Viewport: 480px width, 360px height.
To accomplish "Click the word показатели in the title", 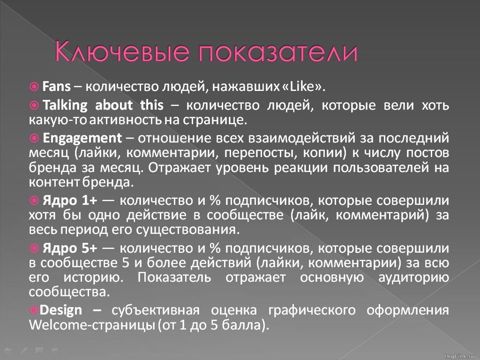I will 277,52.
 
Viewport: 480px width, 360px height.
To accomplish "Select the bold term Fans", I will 56,87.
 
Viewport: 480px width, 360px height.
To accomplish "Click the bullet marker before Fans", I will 34,87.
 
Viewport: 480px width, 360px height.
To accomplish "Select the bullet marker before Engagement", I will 34,138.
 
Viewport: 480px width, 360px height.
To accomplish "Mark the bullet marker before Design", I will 34,310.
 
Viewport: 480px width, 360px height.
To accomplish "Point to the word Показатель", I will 172,278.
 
